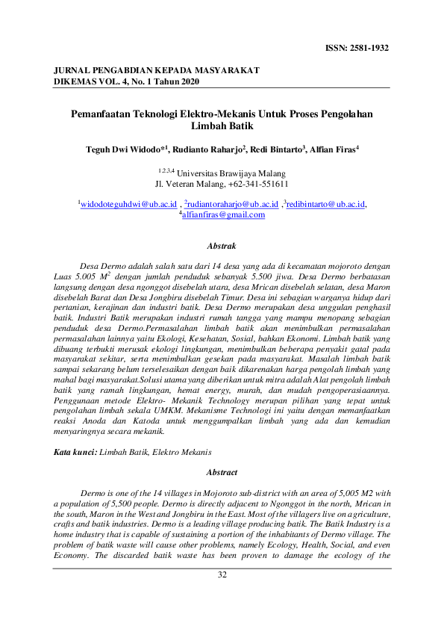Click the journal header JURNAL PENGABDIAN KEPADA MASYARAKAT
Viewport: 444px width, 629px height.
coord(157,69)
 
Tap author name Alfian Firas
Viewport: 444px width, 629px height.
coord(333,149)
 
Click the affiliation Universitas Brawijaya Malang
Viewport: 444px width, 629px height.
coord(225,173)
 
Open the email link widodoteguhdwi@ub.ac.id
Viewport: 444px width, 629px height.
coord(128,204)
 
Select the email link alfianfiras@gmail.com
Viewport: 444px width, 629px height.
coord(223,214)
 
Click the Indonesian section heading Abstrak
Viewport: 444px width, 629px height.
coord(222,245)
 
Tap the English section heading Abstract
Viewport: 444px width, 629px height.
coord(222,473)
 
